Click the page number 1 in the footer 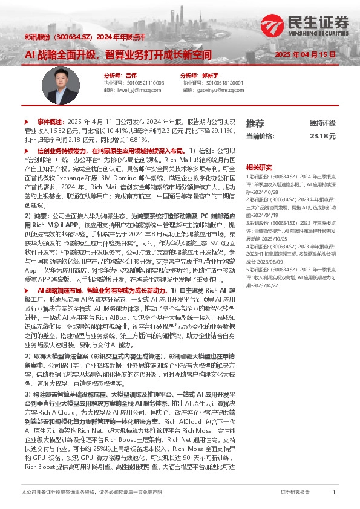click(334, 493)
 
